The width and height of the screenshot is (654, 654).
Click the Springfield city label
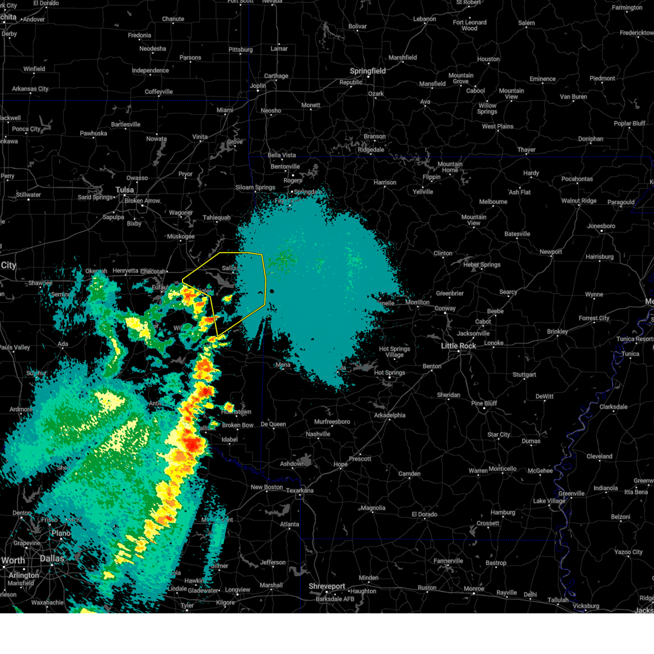pos(367,71)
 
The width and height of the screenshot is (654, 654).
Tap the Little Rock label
pos(458,346)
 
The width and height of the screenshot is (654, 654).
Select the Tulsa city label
pos(124,190)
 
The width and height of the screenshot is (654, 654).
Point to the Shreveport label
pos(327,586)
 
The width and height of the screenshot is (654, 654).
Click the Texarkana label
pos(300,491)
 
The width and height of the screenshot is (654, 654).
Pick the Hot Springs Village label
pos(395,352)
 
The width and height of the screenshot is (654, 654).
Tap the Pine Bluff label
pos(484,403)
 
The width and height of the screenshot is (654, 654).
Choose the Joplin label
pos(258,86)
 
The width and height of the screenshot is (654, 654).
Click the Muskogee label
pos(180,237)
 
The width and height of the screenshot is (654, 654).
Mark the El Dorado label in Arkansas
pos(425,514)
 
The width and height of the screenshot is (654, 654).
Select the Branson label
pos(374,136)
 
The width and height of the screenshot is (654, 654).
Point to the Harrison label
pos(385,183)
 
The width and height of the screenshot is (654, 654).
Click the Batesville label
pos(517,234)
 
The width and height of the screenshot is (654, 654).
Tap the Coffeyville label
pos(159,92)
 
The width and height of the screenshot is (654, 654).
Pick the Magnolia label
pos(373,508)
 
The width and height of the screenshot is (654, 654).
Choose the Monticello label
pos(502,469)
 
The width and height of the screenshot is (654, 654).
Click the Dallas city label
pos(52,559)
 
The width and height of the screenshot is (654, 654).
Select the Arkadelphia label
pos(390,415)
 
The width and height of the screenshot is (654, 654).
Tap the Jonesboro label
pos(601,226)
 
